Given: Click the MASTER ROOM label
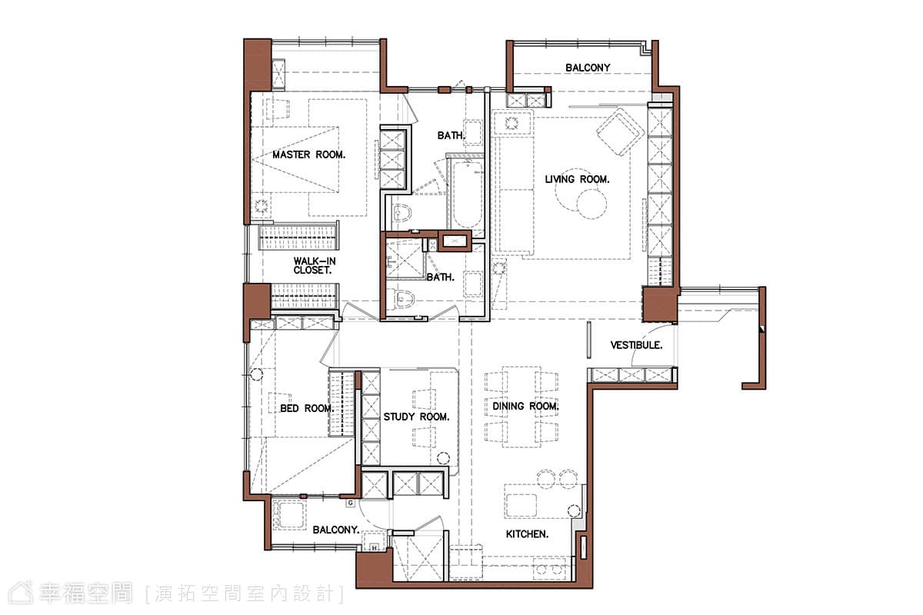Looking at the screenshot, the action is [x=308, y=155].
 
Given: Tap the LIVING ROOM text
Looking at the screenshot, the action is [x=577, y=180].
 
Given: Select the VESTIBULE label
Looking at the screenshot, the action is [x=636, y=345].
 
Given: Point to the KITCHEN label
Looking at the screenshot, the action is [x=527, y=534].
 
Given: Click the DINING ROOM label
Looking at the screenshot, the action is [x=525, y=406].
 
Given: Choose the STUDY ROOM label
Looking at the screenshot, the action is [x=416, y=417].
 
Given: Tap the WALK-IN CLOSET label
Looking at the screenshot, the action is [x=315, y=266].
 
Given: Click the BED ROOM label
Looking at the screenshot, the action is [x=307, y=408].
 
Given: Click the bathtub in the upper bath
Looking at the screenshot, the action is [x=467, y=194].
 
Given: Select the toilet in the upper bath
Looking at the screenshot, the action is [x=402, y=213].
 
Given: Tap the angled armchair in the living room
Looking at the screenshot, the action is [x=620, y=131].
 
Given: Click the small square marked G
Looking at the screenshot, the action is [x=351, y=503].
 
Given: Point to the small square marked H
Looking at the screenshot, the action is [x=374, y=548].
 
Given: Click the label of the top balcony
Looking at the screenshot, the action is [x=588, y=68].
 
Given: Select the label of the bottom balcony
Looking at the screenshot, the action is [x=336, y=530].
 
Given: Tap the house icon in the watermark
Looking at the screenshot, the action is [x=21, y=593].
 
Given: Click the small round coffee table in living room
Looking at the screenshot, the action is [x=591, y=204].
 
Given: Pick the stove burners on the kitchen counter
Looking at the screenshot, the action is [x=549, y=570].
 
